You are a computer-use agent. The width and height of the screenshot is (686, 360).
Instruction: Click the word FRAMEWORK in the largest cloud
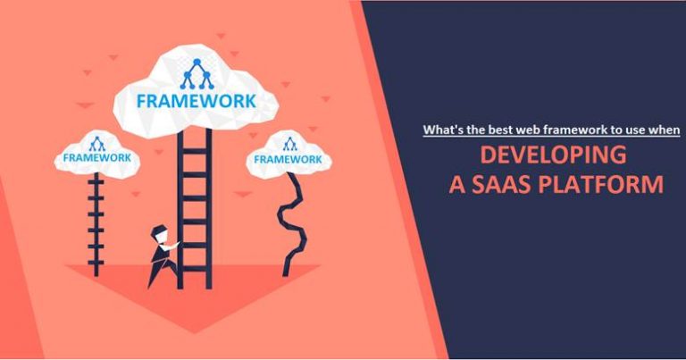click(x=195, y=99)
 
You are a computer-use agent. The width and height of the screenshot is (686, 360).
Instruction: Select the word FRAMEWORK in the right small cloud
click(x=289, y=159)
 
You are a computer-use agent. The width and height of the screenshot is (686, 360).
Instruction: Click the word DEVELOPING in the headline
click(x=552, y=155)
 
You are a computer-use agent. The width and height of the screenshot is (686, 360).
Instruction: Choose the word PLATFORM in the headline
click(x=608, y=185)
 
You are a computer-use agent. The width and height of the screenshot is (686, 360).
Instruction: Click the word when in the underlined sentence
click(x=665, y=130)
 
